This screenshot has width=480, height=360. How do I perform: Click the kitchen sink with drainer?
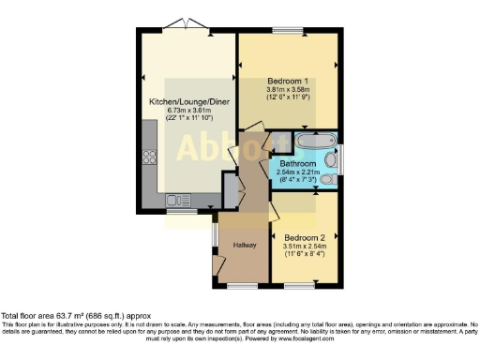point(177,200)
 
